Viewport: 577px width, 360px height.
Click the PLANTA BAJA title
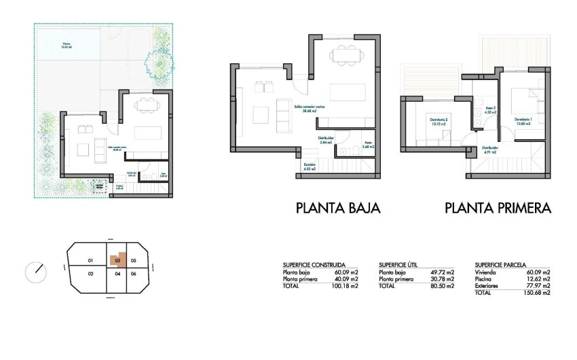pos(338,208)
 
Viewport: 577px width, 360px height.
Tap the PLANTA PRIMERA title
pos(498,208)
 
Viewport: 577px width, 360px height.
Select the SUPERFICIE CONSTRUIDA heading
pos(314,265)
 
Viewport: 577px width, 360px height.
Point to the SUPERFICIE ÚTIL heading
pos(403,265)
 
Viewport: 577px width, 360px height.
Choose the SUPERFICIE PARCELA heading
pos(501,265)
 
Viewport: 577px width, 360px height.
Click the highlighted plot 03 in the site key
pos(117,259)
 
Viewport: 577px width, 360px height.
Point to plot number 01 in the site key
pos(90,261)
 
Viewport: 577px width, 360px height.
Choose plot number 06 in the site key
pos(134,274)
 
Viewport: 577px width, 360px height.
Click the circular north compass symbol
pos(35,272)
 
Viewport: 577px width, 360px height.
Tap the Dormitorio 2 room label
pos(438,122)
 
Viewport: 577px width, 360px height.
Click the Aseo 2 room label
pos(490,110)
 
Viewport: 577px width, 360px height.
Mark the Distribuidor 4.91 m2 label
pos(490,150)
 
